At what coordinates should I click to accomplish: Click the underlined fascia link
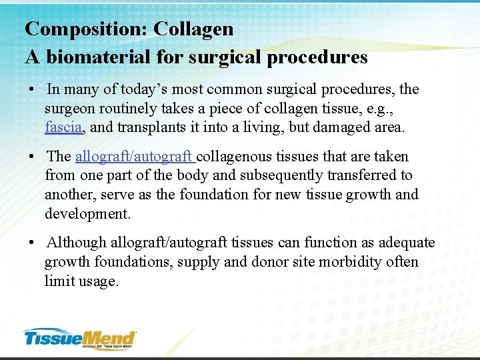point(63,127)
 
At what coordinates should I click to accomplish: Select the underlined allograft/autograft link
point(135,157)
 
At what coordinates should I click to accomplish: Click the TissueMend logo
point(79,339)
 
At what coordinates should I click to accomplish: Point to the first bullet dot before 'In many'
point(31,89)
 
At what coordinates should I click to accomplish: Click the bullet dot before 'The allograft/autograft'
point(31,157)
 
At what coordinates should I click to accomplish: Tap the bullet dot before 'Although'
point(31,243)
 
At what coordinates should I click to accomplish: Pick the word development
point(88,214)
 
